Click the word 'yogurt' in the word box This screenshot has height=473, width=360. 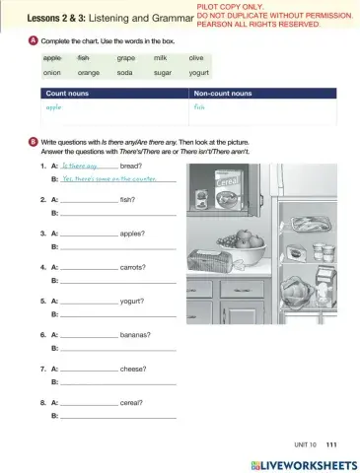[199, 73]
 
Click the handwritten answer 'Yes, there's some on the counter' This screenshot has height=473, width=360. [111, 179]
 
